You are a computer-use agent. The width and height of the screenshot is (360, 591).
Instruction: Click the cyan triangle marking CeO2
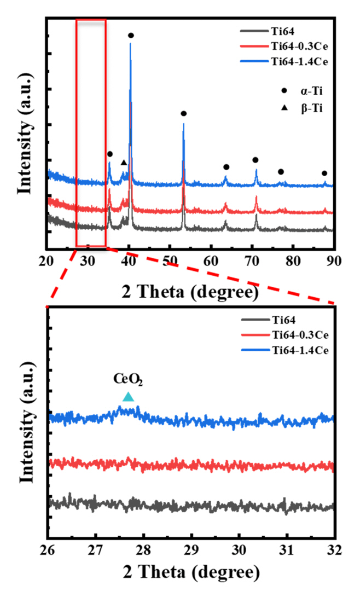pyautogui.click(x=128, y=397)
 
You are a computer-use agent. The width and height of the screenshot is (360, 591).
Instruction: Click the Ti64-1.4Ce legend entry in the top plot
pyautogui.click(x=283, y=62)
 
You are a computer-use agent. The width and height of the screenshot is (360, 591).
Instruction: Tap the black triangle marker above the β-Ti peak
pyautogui.click(x=124, y=163)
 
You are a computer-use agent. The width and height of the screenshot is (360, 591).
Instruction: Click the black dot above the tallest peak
pyautogui.click(x=131, y=36)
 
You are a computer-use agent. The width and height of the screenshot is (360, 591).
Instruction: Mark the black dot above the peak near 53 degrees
pyautogui.click(x=184, y=114)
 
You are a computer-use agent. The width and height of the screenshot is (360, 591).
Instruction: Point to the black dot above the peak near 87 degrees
pyautogui.click(x=324, y=173)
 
